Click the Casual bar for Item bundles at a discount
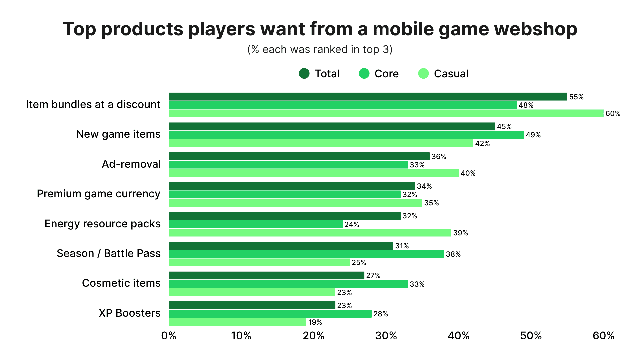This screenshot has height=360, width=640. click(386, 113)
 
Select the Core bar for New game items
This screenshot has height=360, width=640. click(346, 135)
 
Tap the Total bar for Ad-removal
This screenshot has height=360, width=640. click(299, 156)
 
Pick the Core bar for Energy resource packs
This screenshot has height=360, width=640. click(255, 224)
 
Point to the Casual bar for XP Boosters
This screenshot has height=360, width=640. click(237, 322)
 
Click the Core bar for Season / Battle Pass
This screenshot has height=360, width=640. click(306, 254)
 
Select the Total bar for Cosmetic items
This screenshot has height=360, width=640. click(266, 275)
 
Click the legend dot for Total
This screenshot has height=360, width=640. click(304, 73)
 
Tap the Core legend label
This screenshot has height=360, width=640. click(386, 74)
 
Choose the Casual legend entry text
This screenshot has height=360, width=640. click(451, 74)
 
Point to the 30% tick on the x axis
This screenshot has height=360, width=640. click(386, 336)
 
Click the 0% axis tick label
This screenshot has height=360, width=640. click(169, 336)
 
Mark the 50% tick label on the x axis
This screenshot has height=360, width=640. click(531, 336)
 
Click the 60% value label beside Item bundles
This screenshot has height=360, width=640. click(613, 114)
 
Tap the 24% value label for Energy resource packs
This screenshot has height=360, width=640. click(352, 225)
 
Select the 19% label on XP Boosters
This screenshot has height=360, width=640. click(315, 322)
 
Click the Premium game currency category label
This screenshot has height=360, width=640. click(98, 194)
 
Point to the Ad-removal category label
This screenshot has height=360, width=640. click(131, 164)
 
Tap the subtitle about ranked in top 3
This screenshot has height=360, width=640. click(320, 49)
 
